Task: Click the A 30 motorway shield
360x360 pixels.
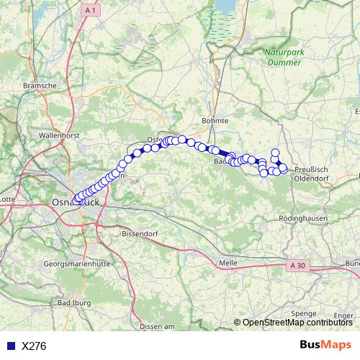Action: point(299,266)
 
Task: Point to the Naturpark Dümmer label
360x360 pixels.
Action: point(285,58)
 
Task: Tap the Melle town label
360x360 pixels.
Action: point(228,264)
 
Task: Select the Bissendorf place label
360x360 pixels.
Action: point(138,234)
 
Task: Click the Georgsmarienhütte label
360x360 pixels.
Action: point(77,264)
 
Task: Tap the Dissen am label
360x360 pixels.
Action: point(158,327)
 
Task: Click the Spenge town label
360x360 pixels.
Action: point(304,314)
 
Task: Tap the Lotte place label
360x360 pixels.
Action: point(7,199)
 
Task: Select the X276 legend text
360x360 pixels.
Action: point(34,346)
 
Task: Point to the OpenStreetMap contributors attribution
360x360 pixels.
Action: point(297,323)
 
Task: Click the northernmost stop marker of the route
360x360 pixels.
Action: point(275,152)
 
